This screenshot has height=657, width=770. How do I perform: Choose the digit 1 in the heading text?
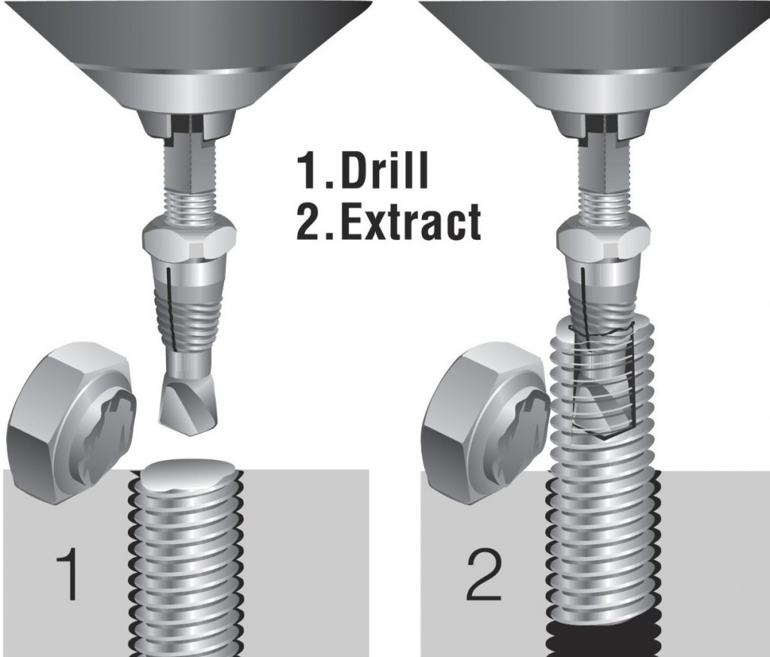coord(307,171)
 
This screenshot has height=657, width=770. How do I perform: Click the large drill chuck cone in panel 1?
coord(189,55)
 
